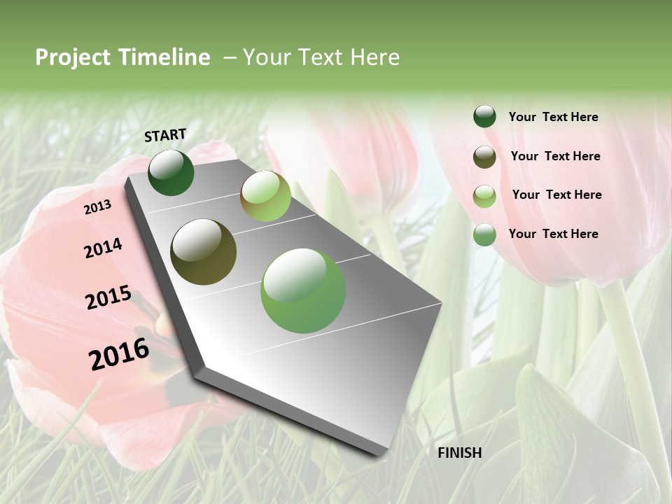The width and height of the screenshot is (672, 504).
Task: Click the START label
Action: pyautogui.click(x=165, y=135)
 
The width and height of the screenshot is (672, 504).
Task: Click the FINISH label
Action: pyautogui.click(x=460, y=453)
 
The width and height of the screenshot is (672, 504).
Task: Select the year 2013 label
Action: pyautogui.click(x=97, y=207)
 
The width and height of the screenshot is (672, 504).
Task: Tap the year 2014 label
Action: pyautogui.click(x=103, y=248)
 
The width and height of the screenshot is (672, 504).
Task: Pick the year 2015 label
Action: pyautogui.click(x=108, y=297)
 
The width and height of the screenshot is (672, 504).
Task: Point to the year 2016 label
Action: pyautogui.click(x=119, y=354)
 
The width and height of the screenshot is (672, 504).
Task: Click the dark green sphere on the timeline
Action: pyautogui.click(x=171, y=172)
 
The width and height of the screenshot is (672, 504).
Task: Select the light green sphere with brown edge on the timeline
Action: pyautogui.click(x=265, y=196)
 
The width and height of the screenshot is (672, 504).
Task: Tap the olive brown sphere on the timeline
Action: pyautogui.click(x=204, y=252)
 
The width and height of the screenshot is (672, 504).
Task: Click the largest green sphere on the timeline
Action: pyautogui.click(x=303, y=290)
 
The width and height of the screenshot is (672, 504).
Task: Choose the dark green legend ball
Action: pyautogui.click(x=484, y=116)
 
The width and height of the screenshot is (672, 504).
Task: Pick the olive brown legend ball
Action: pyautogui.click(x=484, y=157)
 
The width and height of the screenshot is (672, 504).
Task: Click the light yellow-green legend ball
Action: pyautogui.click(x=484, y=196)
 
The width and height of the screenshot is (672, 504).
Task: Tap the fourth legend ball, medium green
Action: pyautogui.click(x=484, y=234)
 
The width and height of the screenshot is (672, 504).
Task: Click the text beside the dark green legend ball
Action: pyautogui.click(x=553, y=117)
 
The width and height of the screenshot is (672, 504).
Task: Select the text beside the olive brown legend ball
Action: pyautogui.click(x=555, y=156)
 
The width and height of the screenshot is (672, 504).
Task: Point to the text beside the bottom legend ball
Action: pyautogui.click(x=553, y=234)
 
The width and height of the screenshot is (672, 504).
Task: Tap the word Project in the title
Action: pyautogui.click(x=72, y=57)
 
